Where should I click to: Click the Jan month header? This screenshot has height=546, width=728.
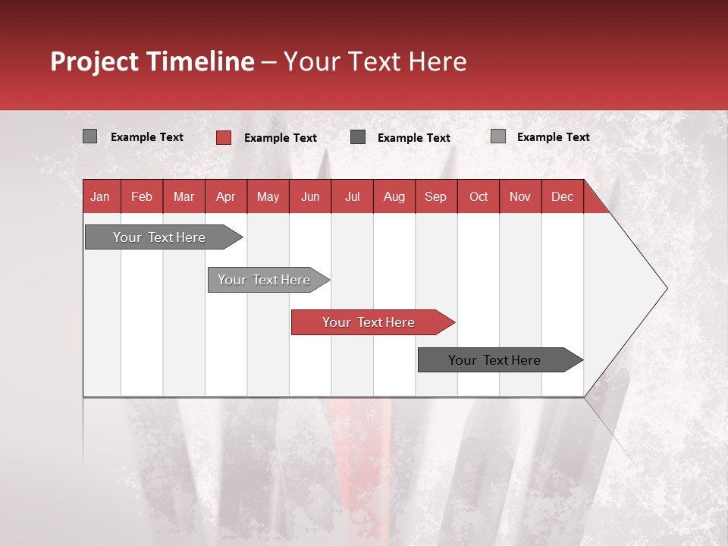click(x=100, y=196)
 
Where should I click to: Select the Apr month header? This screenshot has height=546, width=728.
click(x=226, y=196)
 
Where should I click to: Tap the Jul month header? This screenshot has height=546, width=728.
click(x=352, y=196)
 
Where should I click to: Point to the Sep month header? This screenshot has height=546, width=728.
click(x=436, y=196)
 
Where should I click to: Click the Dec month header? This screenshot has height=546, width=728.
click(x=562, y=196)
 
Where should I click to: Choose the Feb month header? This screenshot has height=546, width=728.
click(x=142, y=196)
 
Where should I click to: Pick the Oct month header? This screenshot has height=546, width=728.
click(x=479, y=196)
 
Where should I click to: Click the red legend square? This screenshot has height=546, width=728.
click(x=223, y=137)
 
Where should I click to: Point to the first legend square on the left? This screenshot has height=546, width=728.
click(x=89, y=136)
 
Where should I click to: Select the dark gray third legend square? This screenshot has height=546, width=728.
click(x=358, y=137)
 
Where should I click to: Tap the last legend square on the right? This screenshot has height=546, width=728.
click(x=497, y=136)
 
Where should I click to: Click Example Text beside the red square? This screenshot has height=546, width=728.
click(x=281, y=138)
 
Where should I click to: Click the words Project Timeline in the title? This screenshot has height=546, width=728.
click(x=152, y=61)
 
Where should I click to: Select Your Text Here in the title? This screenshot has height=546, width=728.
click(x=375, y=61)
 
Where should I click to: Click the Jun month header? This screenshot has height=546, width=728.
click(x=310, y=196)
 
